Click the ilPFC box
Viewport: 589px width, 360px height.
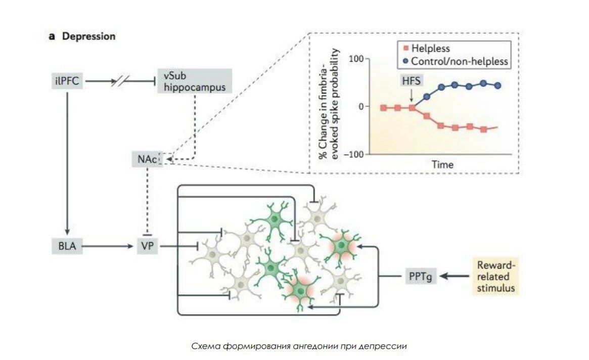pyautogui.click(x=67, y=80)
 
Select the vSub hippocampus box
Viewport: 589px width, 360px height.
pyautogui.click(x=195, y=80)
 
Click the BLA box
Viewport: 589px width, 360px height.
pyautogui.click(x=67, y=246)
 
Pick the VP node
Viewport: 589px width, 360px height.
pyautogui.click(x=148, y=246)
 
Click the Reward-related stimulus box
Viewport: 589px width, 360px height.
pyautogui.click(x=495, y=276)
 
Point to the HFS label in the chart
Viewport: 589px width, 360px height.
pyautogui.click(x=412, y=81)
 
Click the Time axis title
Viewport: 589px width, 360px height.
pyautogui.click(x=442, y=165)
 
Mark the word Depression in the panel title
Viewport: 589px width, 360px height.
pyautogui.click(x=88, y=36)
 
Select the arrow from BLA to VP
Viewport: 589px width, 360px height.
pyautogui.click(x=109, y=246)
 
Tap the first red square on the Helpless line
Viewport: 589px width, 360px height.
pyautogui.click(x=383, y=108)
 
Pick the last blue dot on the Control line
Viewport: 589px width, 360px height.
pyautogui.click(x=498, y=85)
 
